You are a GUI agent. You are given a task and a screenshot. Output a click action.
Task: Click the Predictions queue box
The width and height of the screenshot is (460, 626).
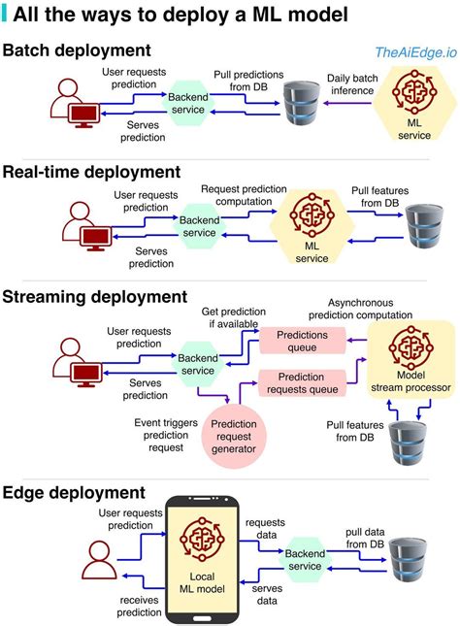tap(302, 340)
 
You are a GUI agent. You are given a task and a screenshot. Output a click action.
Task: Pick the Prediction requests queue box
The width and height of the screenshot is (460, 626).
tap(302, 382)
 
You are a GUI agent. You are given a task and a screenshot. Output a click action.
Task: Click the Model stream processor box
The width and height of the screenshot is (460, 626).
tap(408, 359)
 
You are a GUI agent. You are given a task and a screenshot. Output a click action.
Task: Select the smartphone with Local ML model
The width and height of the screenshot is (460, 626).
tap(203, 558)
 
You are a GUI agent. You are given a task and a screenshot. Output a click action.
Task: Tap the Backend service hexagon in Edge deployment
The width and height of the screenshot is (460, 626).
tap(303, 559)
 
